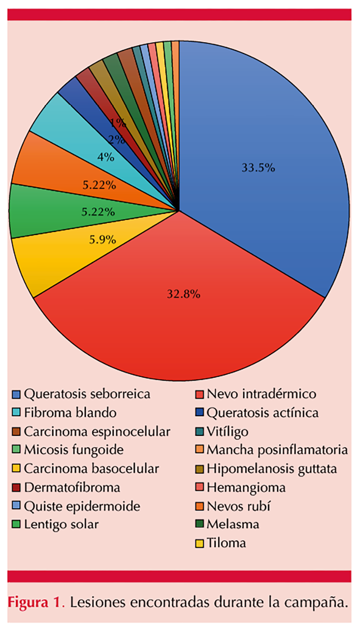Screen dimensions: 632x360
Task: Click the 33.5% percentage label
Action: click(x=258, y=168)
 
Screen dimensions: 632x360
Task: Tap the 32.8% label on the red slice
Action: click(x=184, y=293)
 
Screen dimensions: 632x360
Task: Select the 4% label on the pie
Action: click(x=106, y=157)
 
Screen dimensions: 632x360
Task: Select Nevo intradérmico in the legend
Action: click(x=261, y=393)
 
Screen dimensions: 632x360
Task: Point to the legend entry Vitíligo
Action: click(x=227, y=431)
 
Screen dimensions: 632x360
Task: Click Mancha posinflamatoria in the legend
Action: click(x=277, y=450)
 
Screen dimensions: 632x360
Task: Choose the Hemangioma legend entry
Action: click(x=246, y=487)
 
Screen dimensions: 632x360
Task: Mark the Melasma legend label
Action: click(x=233, y=524)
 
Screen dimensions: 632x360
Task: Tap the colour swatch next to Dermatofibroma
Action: click(x=17, y=488)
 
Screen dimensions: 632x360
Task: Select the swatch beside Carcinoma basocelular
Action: click(x=17, y=469)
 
